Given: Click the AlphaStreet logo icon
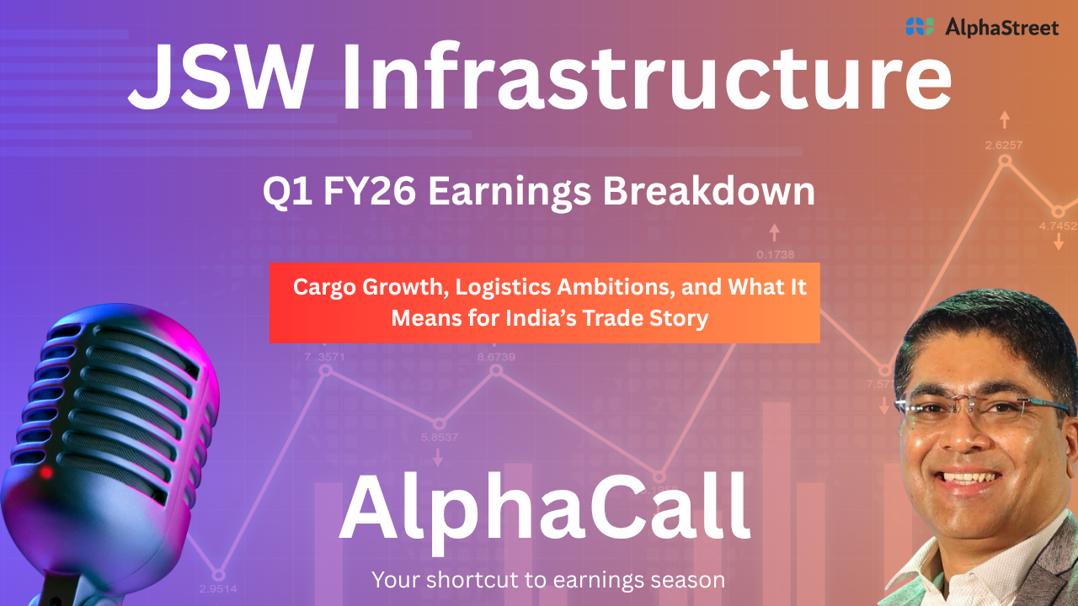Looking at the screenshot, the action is coord(920,27).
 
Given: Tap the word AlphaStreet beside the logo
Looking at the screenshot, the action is coord(1002,28).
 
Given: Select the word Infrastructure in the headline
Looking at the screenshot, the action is coord(646,77).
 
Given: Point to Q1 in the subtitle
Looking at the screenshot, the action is coord(287,191).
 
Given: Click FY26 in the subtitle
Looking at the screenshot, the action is coord(370,191).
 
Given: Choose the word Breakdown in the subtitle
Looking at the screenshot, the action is coord(709,191).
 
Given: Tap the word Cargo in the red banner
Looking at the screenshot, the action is coord(324,288).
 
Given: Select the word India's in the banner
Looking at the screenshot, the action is coord(541,317).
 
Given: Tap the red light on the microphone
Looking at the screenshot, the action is coord(46,472).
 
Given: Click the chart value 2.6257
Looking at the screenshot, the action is coord(1003,145).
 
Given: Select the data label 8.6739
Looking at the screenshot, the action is coord(496,357).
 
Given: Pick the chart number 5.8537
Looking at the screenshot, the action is coord(440,437).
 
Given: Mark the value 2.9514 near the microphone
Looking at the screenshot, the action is coord(218,588).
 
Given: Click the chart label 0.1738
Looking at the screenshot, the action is coord(776,254).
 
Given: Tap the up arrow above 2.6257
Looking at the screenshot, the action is coord(1005,120).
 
